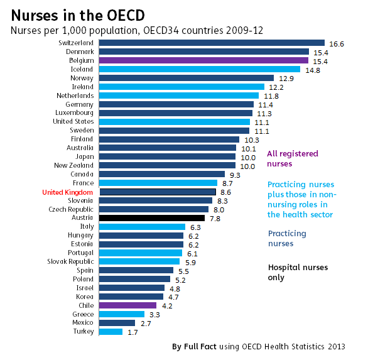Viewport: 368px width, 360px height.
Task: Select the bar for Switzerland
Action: [x=212, y=43]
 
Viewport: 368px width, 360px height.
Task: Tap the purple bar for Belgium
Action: [x=204, y=60]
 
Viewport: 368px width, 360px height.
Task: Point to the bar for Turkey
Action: [x=111, y=332]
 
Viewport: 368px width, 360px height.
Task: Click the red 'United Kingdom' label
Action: [x=68, y=192]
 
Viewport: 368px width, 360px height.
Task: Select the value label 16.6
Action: [x=338, y=44]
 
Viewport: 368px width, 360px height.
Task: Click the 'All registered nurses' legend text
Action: [x=292, y=158]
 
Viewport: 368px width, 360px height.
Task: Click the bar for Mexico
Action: [x=117, y=323]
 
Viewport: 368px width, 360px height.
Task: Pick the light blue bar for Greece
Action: [x=122, y=314]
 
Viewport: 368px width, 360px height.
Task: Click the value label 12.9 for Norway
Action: [x=286, y=79]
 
